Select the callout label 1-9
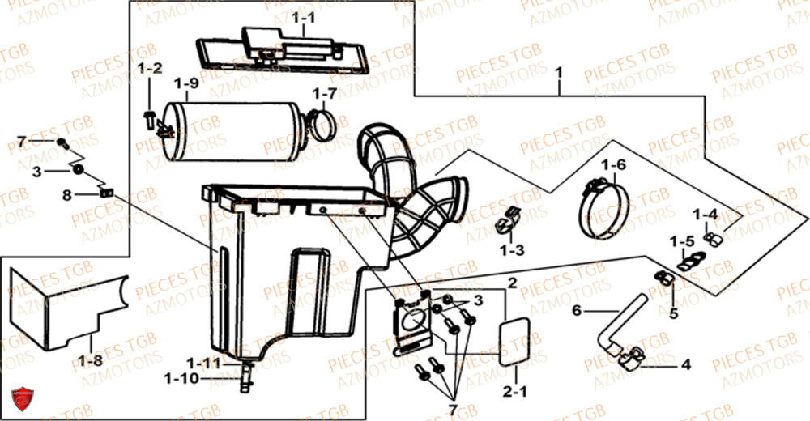point(186,83)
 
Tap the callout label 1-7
point(326,93)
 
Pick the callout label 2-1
point(514,393)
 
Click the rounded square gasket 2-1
point(514,341)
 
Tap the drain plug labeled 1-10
point(245,376)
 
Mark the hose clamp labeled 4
point(631,357)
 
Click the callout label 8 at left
point(67,194)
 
